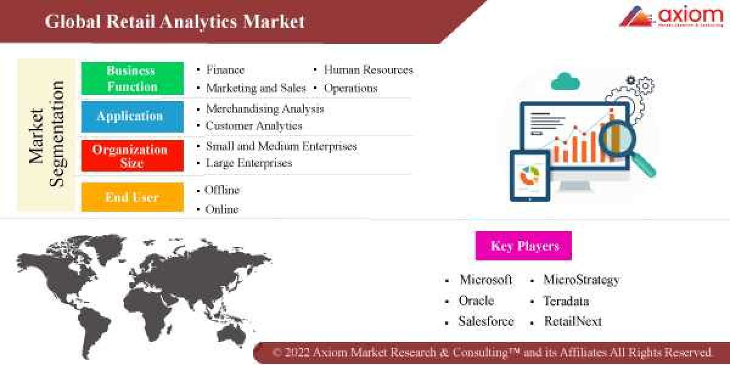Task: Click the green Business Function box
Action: (132, 78)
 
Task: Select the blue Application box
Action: (132, 116)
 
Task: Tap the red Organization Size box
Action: (132, 156)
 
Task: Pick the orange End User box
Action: (132, 197)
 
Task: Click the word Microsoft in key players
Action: (485, 280)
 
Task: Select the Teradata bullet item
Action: (566, 301)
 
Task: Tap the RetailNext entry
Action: (572, 322)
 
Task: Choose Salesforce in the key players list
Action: (485, 322)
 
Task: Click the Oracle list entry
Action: (476, 301)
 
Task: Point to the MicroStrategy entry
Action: (581, 280)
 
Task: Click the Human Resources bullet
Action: (368, 70)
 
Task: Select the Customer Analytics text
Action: (254, 127)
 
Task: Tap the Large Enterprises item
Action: (249, 163)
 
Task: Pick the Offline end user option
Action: (223, 190)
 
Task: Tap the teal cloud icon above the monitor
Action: (565, 80)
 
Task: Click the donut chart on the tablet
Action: (529, 176)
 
